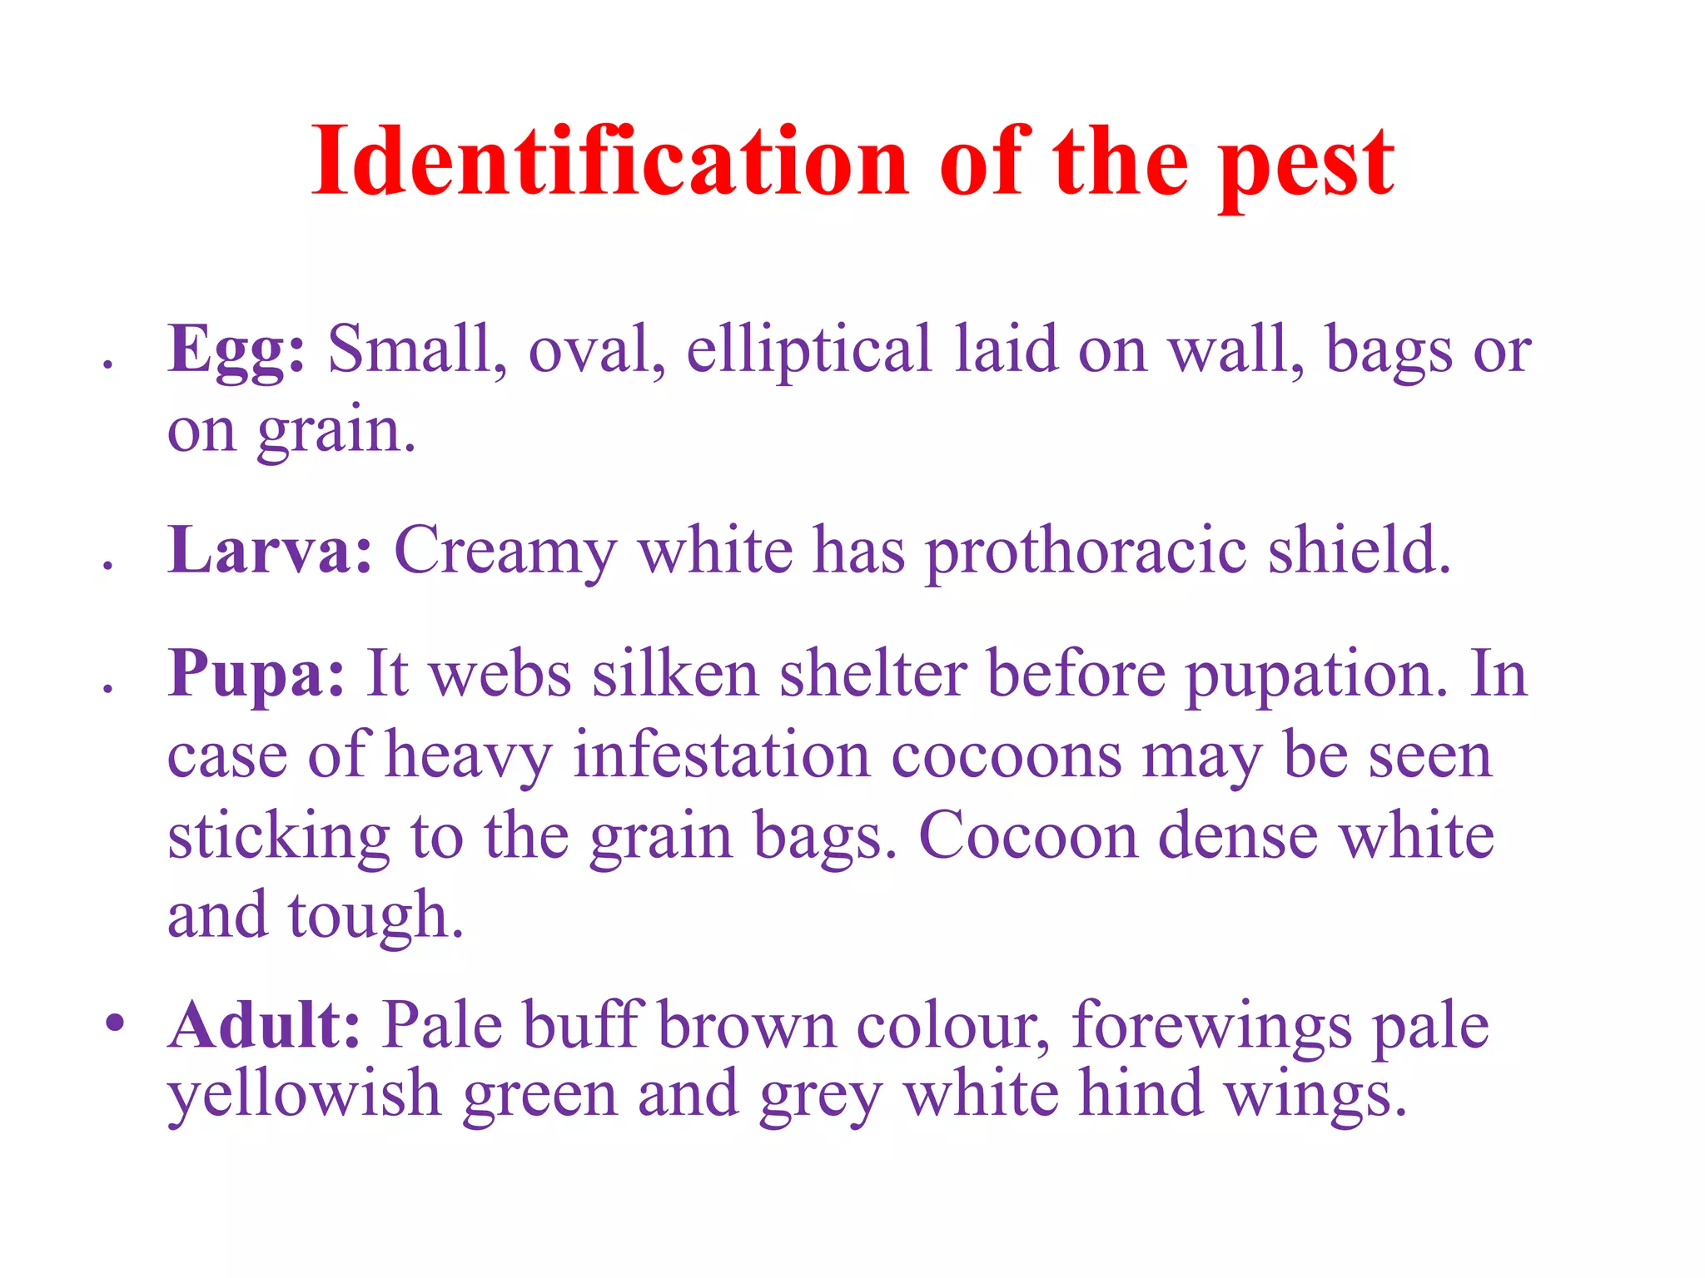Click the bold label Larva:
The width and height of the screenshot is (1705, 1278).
[x=270, y=551]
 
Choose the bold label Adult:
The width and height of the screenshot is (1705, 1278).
[x=265, y=1025]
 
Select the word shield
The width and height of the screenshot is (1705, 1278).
[x=1360, y=551]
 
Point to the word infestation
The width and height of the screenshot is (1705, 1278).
[x=722, y=755]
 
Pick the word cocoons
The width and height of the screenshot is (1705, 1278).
[x=1007, y=756]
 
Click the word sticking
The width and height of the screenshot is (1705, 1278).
[x=278, y=838]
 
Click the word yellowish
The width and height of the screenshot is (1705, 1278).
[x=304, y=1096]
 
